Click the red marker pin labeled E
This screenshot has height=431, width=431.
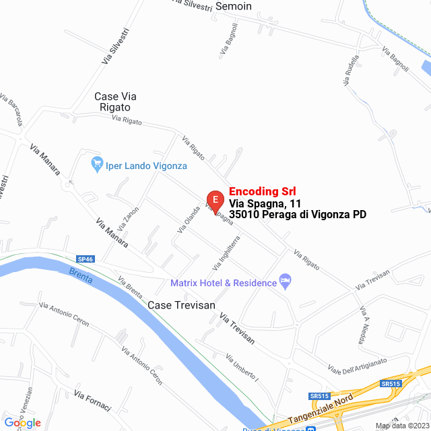215,200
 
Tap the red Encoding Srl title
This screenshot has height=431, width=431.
263,191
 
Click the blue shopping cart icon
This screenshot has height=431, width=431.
98,163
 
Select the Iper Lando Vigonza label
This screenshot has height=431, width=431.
146,166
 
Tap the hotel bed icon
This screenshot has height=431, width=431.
285,280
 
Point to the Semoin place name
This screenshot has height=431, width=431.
233,7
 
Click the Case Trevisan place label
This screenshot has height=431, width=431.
181,305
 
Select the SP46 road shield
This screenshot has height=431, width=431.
86,259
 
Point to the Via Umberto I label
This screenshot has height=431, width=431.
242,368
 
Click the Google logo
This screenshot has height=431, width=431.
22,422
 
